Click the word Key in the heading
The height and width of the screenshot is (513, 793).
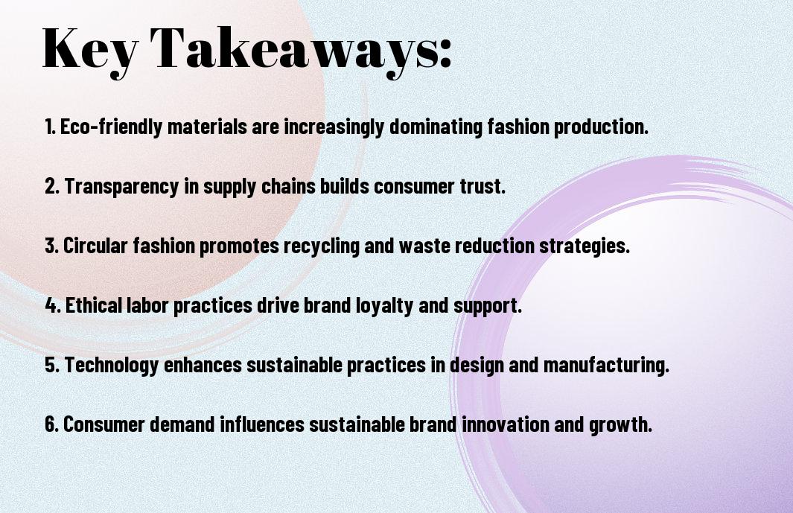point(89,49)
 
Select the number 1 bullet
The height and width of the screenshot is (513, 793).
point(50,127)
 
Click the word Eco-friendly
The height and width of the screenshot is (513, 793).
point(112,127)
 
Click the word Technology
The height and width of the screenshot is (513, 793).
point(109,366)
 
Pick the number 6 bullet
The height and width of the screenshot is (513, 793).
point(51,425)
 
